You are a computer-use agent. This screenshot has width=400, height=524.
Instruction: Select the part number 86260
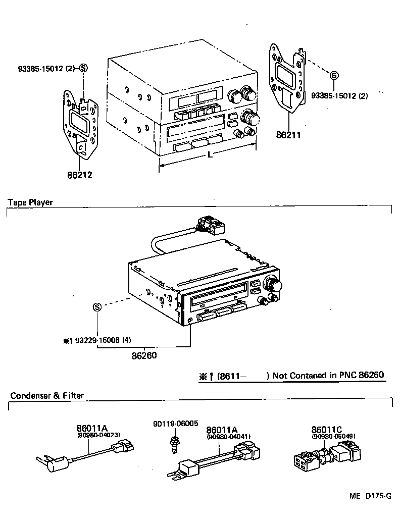click(144, 355)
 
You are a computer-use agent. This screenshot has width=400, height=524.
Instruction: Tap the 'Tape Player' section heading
click(30, 202)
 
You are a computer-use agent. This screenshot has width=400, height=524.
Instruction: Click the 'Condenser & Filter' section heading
click(47, 395)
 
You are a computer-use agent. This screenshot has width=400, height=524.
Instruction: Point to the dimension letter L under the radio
click(210, 155)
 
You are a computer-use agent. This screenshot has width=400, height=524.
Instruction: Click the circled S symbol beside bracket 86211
click(333, 76)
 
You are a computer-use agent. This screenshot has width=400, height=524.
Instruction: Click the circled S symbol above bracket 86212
click(83, 68)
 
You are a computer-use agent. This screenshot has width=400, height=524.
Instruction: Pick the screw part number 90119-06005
click(176, 424)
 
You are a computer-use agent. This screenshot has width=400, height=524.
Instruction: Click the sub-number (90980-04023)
click(98, 435)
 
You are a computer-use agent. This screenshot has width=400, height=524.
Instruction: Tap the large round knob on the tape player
click(275, 285)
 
